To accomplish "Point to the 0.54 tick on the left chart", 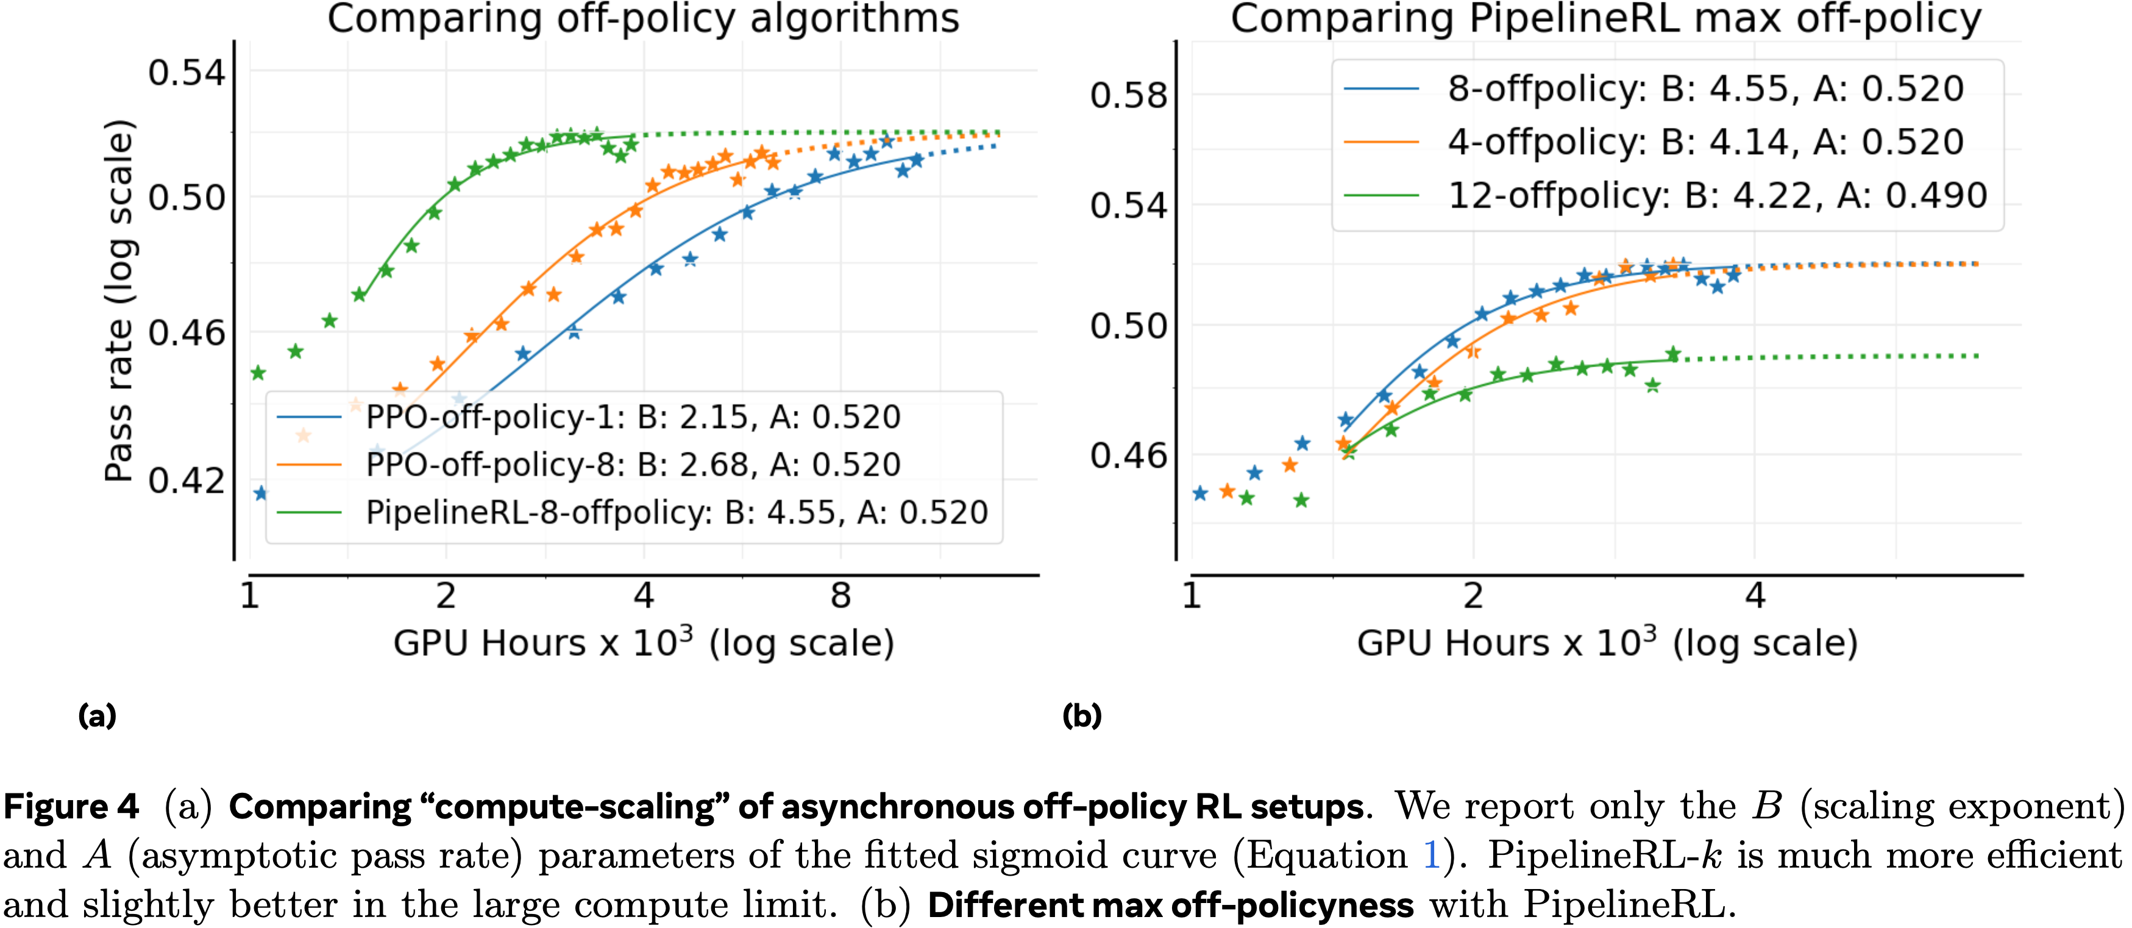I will click(x=187, y=73).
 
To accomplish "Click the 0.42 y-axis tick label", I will click(x=187, y=480).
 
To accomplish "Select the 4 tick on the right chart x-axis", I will click(x=1755, y=596).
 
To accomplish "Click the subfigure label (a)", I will click(x=97, y=715).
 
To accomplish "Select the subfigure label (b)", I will click(x=1082, y=715).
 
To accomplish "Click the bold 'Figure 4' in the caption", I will click(x=71, y=806).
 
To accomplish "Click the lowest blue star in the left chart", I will click(x=261, y=494).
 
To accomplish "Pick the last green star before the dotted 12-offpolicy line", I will click(x=1672, y=354).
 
